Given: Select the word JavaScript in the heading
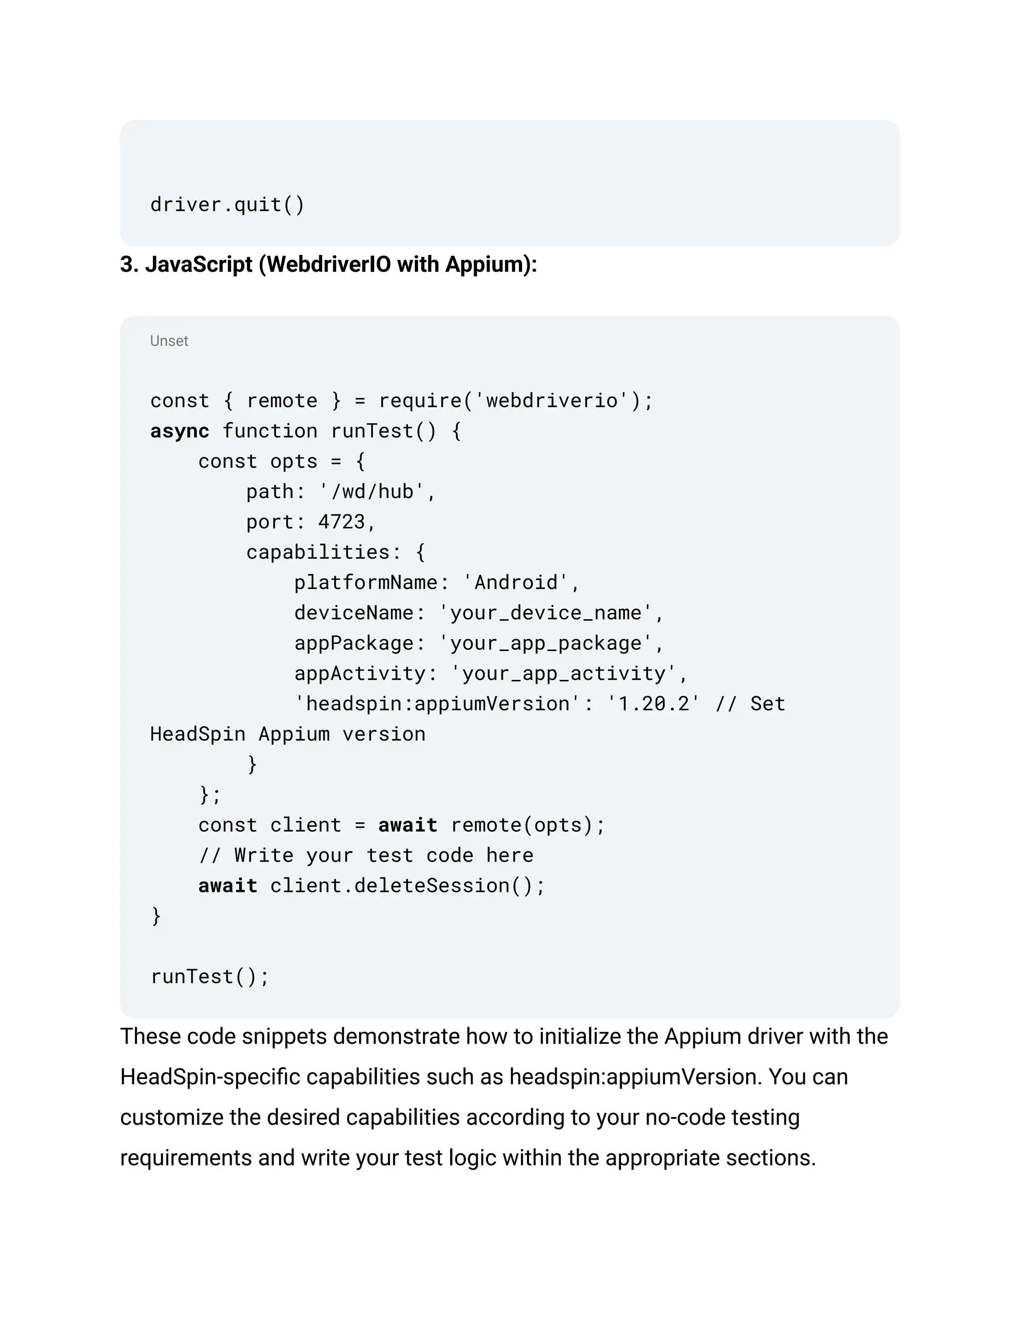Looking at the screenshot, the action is (x=198, y=264).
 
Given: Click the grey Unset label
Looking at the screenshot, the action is (x=169, y=341).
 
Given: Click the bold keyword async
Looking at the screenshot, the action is (x=179, y=431).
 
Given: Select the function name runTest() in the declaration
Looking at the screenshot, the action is (x=383, y=431).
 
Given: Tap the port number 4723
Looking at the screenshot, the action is (x=341, y=522).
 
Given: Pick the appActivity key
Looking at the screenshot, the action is (x=359, y=673).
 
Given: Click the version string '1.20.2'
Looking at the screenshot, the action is (x=653, y=704).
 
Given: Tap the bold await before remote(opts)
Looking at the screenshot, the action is (x=407, y=825).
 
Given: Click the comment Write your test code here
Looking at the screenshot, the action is (x=383, y=855).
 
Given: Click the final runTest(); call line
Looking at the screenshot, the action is (x=209, y=977).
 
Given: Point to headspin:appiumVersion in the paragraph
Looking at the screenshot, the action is (x=635, y=1077).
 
